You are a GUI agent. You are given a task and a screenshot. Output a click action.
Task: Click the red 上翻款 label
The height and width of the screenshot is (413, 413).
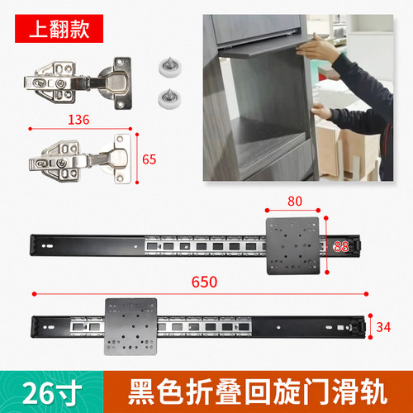56,25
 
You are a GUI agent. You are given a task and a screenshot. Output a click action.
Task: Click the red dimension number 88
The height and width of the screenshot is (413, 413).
340,245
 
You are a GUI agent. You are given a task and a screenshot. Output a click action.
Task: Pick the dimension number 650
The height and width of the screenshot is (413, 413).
203,282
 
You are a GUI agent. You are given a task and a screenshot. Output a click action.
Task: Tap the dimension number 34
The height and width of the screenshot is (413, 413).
382,328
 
